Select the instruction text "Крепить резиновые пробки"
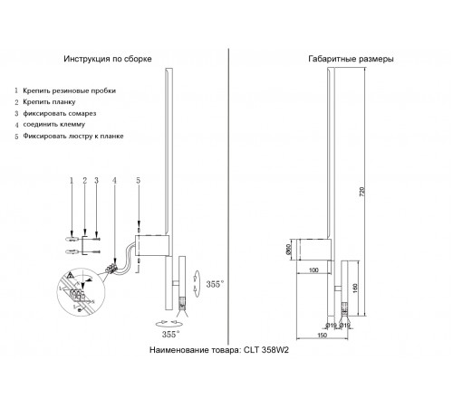69,91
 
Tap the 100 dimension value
313,270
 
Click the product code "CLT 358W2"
264,348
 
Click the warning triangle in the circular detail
70,274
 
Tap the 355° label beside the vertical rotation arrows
214,283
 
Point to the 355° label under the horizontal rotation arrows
169,334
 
